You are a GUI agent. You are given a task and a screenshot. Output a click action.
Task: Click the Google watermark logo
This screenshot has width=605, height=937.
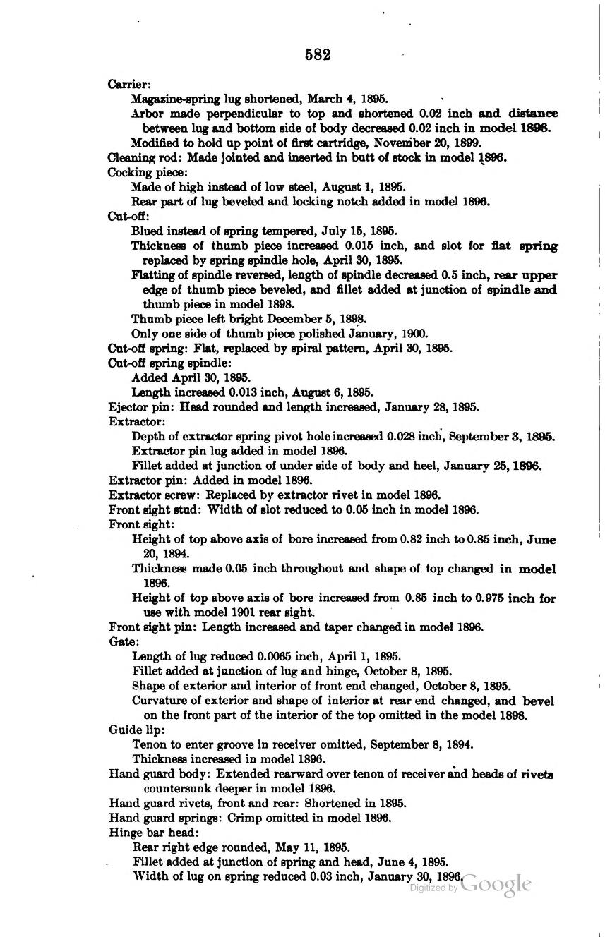pyautogui.click(x=496, y=884)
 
